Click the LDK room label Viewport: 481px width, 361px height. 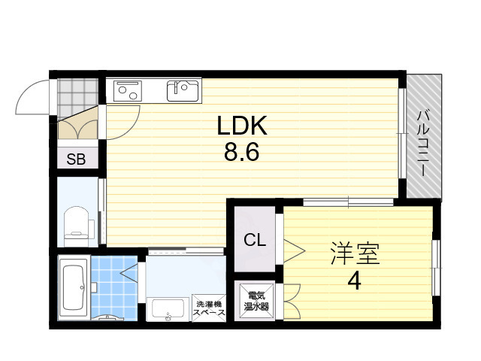point(242,126)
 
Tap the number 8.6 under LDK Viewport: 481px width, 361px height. point(242,152)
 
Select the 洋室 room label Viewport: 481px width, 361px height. point(355,253)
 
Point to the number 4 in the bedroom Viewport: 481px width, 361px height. point(354,281)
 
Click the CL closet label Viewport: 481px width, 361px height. point(255,240)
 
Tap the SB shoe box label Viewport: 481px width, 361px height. point(76,159)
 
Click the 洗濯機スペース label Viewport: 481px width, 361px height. point(209,308)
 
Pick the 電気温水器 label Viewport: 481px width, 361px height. point(256,301)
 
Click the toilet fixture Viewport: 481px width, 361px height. point(78,223)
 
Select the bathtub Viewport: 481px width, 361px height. point(74,287)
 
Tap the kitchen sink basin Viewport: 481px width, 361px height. point(183,91)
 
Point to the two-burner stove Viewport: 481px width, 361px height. point(128,91)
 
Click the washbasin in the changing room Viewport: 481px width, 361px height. point(168,309)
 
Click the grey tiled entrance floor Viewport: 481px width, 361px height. point(77,96)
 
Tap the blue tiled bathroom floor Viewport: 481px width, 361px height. point(114,288)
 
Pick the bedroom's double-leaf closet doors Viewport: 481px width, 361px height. point(292,302)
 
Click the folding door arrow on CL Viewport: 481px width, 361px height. point(294,251)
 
